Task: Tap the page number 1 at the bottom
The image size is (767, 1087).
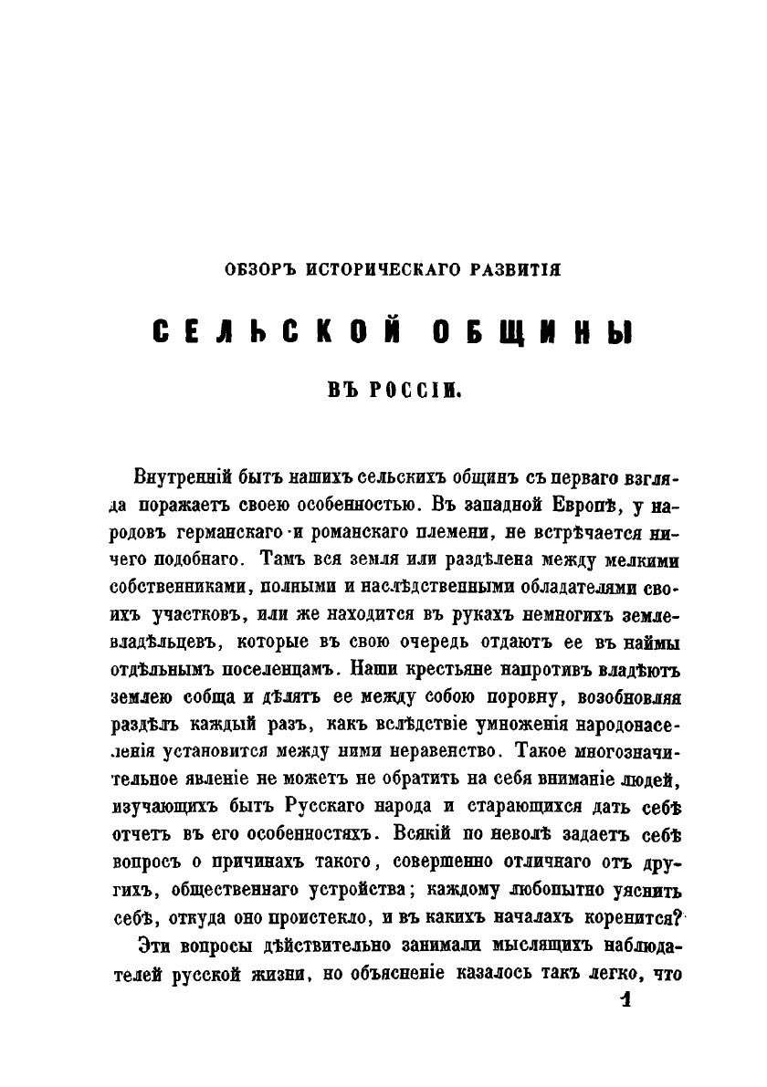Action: (x=625, y=1002)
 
